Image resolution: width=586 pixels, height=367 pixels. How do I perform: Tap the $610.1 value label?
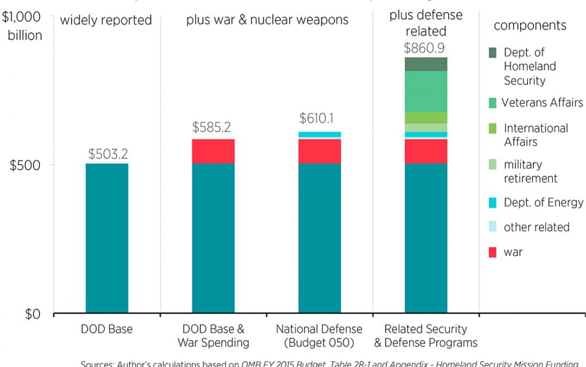pyautogui.click(x=320, y=119)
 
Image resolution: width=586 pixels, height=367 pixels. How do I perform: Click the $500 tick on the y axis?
pyautogui.click(x=26, y=165)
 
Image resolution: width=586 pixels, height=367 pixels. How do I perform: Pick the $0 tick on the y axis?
pyautogui.click(x=34, y=314)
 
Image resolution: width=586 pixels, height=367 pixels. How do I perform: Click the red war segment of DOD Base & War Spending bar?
pyautogui.click(x=213, y=151)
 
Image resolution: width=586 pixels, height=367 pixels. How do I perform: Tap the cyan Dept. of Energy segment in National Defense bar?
pyautogui.click(x=320, y=134)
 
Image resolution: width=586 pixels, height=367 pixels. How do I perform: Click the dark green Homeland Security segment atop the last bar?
pyautogui.click(x=426, y=64)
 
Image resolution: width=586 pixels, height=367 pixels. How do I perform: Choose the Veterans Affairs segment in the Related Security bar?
pyautogui.click(x=426, y=91)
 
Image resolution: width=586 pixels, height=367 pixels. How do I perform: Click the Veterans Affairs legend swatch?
pyautogui.click(x=492, y=103)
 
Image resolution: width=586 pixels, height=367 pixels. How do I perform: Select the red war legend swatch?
pyautogui.click(x=492, y=252)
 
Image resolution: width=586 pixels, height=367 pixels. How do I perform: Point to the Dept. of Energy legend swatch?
pyautogui.click(x=492, y=203)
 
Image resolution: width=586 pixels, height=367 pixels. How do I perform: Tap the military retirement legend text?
pyautogui.click(x=530, y=171)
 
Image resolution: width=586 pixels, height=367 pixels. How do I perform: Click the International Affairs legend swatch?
pyautogui.click(x=492, y=129)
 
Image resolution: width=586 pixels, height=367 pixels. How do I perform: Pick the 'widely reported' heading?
pyautogui.click(x=106, y=21)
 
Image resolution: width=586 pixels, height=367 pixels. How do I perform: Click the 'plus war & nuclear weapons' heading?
pyautogui.click(x=267, y=21)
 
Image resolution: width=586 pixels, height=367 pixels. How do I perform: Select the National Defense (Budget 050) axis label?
pyautogui.click(x=319, y=335)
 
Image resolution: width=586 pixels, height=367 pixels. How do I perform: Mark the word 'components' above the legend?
pyautogui.click(x=530, y=26)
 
